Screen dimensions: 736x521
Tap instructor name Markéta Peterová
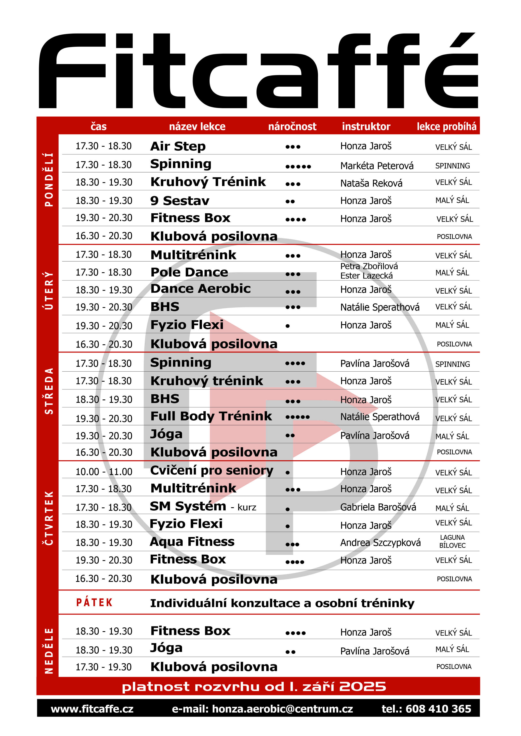377,166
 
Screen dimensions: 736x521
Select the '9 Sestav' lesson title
180,201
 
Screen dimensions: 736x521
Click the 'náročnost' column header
292,127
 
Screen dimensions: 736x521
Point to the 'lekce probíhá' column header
446,127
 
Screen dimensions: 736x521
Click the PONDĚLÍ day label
48,179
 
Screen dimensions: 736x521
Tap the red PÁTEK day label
94,603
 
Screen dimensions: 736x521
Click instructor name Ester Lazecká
366,276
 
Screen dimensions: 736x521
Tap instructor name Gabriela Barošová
378,507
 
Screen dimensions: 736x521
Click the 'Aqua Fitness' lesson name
192,542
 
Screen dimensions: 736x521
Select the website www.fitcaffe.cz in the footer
92,709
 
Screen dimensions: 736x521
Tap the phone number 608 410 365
438,709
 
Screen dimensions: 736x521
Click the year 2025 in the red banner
363,687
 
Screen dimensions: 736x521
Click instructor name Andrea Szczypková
380,542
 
